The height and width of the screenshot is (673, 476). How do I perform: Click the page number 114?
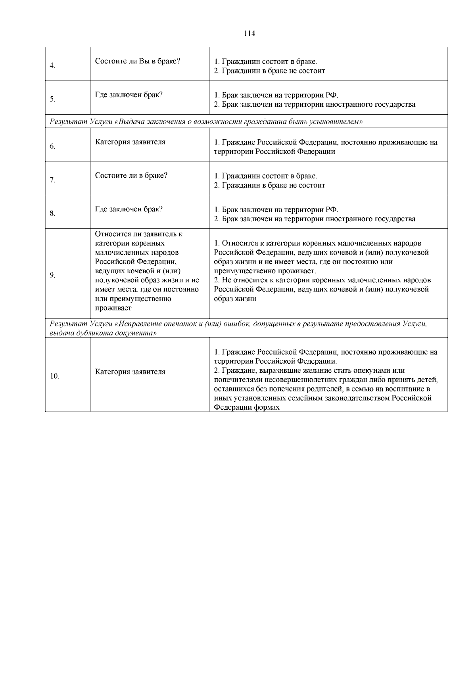point(249,34)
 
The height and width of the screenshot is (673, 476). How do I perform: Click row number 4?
point(52,66)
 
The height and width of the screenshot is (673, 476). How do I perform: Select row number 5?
point(52,99)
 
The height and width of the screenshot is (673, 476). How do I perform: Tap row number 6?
point(52,146)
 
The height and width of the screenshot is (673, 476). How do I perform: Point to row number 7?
point(52,180)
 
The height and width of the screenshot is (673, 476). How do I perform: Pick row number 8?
point(52,214)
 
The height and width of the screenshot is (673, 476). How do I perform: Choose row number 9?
point(52,276)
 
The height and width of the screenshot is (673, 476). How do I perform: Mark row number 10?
point(54,376)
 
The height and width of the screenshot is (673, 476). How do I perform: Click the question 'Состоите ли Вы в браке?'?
point(138,61)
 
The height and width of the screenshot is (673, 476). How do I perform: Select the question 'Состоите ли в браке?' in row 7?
point(131,175)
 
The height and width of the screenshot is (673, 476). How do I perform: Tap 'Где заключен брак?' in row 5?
point(129,95)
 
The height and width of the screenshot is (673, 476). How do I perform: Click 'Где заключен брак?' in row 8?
point(129,209)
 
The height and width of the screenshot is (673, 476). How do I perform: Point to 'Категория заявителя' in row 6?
point(130,142)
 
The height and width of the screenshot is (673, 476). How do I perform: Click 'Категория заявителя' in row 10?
point(130,372)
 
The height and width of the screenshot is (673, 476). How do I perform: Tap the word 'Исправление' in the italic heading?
point(139,324)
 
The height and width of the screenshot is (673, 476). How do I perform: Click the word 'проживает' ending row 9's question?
point(113,308)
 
